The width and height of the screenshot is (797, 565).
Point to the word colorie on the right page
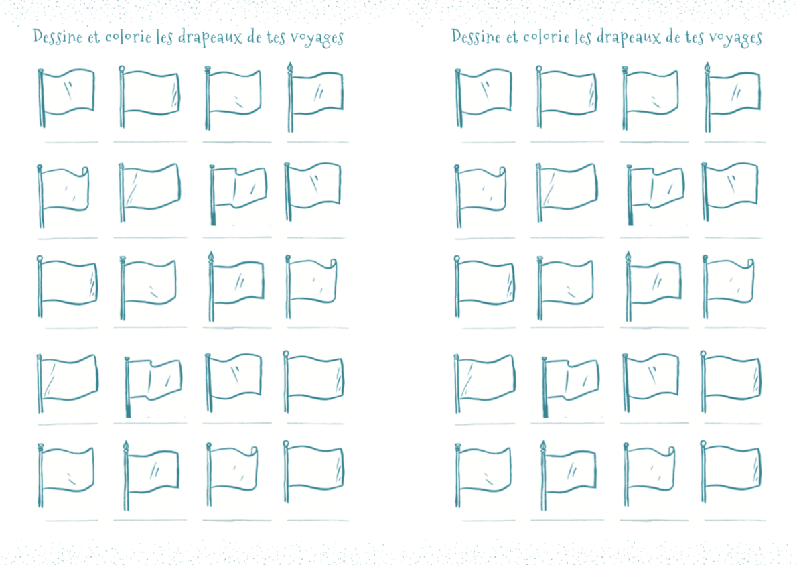click(x=546, y=37)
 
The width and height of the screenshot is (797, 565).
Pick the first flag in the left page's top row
click(x=66, y=97)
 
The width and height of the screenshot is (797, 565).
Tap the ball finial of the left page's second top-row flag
click(x=121, y=68)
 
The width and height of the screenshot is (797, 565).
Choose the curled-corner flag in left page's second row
click(x=63, y=196)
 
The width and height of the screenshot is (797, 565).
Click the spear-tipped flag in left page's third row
click(x=236, y=286)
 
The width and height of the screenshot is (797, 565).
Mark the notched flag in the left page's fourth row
click(x=153, y=387)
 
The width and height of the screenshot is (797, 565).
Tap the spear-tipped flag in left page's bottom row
click(x=151, y=475)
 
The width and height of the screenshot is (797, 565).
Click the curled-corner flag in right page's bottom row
click(x=648, y=475)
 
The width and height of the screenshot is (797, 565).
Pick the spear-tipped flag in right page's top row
click(x=733, y=97)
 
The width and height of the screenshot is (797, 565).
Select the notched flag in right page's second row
click(x=656, y=194)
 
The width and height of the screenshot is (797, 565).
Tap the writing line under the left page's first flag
click(x=71, y=142)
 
